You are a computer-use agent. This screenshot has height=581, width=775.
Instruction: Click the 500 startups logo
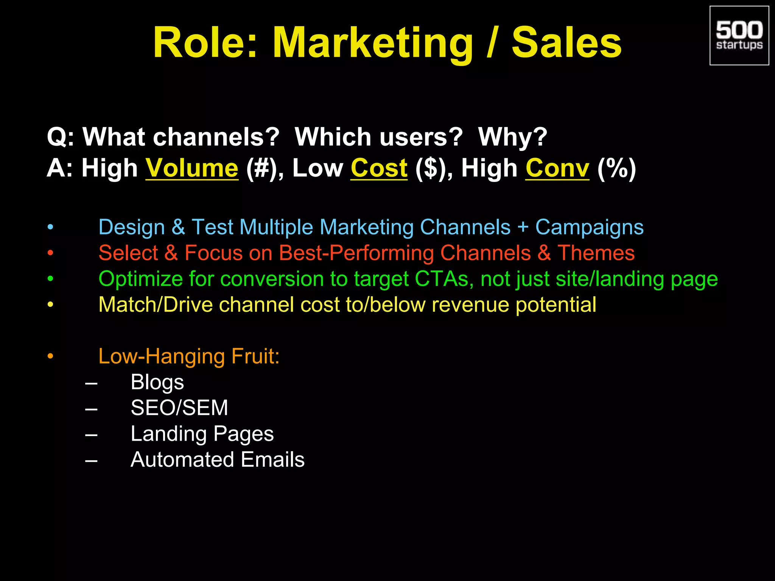[x=739, y=36]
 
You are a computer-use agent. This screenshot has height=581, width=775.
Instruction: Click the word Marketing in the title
[x=373, y=43]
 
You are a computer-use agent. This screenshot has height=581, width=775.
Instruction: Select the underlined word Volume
[x=192, y=168]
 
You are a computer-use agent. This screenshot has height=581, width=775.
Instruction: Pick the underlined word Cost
[x=379, y=168]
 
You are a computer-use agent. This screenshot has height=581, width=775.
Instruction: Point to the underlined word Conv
[x=557, y=168]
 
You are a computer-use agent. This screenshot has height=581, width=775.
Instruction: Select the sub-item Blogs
[x=157, y=382]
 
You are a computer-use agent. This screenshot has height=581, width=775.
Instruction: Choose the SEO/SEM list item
[x=179, y=408]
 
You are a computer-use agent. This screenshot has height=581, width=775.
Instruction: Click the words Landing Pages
[x=202, y=434]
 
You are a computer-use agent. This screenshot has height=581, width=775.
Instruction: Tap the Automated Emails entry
[x=218, y=460]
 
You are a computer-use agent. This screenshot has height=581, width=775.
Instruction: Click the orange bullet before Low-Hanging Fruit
[x=50, y=356]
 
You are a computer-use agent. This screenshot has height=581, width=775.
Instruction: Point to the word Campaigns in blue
[x=589, y=227]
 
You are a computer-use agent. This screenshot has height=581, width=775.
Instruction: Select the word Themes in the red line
[x=596, y=253]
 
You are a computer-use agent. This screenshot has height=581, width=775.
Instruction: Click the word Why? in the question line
[x=512, y=137]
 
